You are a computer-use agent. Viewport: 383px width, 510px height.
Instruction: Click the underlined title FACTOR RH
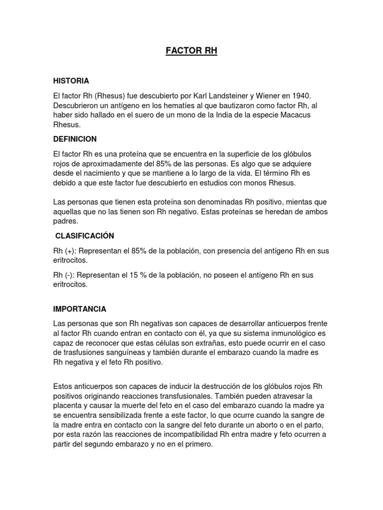192,52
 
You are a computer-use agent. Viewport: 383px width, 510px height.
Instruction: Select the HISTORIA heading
71,80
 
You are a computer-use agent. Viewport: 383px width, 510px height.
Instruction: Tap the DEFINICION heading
75,139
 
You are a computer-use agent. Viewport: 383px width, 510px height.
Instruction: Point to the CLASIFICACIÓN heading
85,236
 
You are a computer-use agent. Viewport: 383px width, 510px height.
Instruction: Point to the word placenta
68,406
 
